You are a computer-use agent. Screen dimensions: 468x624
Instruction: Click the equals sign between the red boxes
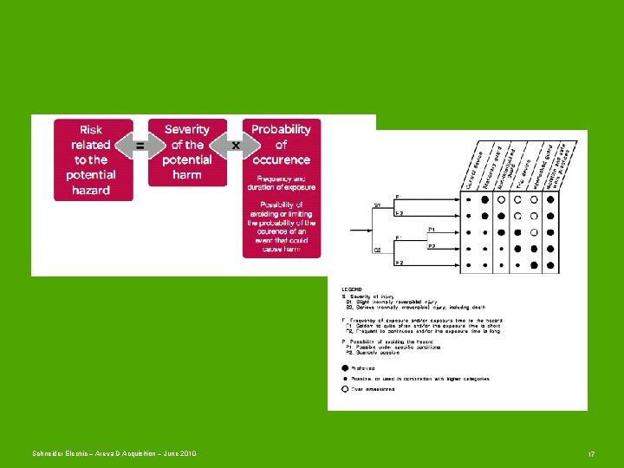click(x=140, y=146)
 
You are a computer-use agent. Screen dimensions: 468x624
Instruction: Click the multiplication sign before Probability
click(x=235, y=146)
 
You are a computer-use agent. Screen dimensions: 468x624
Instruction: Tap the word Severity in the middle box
click(x=187, y=130)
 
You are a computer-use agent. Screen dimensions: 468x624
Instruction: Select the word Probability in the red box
click(x=281, y=130)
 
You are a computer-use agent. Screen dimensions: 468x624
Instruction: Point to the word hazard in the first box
click(x=91, y=190)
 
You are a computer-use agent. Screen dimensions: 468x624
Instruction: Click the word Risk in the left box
click(x=91, y=130)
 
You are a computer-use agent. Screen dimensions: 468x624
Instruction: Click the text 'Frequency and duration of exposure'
click(x=281, y=182)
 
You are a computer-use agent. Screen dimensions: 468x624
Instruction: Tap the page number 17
click(x=591, y=454)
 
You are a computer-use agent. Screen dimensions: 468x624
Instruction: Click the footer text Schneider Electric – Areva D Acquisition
click(x=113, y=454)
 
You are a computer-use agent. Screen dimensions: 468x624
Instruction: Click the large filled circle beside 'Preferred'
click(x=346, y=368)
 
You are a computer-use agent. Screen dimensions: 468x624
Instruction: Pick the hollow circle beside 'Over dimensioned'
click(x=346, y=389)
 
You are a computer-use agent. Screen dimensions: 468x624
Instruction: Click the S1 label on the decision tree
click(x=378, y=205)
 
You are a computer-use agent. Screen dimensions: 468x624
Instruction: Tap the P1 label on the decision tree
click(x=432, y=230)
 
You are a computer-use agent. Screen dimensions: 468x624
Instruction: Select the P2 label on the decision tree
click(x=432, y=246)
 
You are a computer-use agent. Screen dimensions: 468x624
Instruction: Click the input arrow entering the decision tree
click(x=360, y=230)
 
